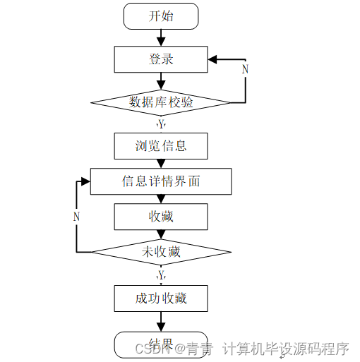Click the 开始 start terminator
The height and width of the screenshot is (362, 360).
[x=161, y=16]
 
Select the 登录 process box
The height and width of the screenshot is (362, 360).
[x=161, y=59]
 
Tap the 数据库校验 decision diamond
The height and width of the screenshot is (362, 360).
[x=161, y=102]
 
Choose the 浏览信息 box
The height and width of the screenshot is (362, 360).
[x=161, y=146]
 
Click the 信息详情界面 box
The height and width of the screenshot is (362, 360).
[x=161, y=181]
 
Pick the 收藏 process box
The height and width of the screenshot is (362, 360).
[x=161, y=217]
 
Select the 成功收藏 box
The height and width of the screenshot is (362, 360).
[x=161, y=298]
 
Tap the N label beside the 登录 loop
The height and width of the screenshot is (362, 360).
[x=245, y=69]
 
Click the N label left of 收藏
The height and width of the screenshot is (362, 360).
[x=76, y=217]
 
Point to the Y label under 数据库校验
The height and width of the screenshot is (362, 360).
[x=161, y=124]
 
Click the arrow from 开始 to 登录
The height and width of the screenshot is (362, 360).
[x=161, y=37]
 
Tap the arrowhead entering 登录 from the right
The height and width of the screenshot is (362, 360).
[x=214, y=59]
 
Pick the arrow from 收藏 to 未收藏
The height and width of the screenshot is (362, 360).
[x=161, y=234]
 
